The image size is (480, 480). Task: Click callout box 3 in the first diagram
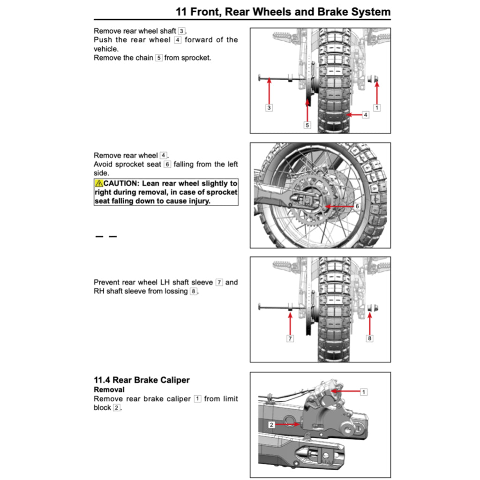pos(269,108)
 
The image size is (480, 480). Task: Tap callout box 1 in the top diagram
pos(376,108)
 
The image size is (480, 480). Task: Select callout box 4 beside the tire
pos(365,114)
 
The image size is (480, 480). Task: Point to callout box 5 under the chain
pos(307,125)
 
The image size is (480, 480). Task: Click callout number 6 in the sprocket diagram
pos(357,206)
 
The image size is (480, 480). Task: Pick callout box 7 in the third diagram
pos(290,338)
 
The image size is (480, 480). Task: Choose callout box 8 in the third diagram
pos(370,338)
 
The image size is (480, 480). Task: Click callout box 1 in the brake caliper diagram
pos(363,391)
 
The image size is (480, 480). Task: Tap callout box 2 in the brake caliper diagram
pos(271,425)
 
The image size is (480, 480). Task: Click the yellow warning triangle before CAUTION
pos(99,183)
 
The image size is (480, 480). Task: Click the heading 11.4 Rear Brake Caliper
pos(142,380)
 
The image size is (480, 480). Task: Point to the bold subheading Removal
pos(109,390)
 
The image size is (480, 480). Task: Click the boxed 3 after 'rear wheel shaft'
pos(181,31)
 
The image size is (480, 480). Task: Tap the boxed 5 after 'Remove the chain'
pos(159,58)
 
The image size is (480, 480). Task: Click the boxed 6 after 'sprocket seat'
pos(167,164)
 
